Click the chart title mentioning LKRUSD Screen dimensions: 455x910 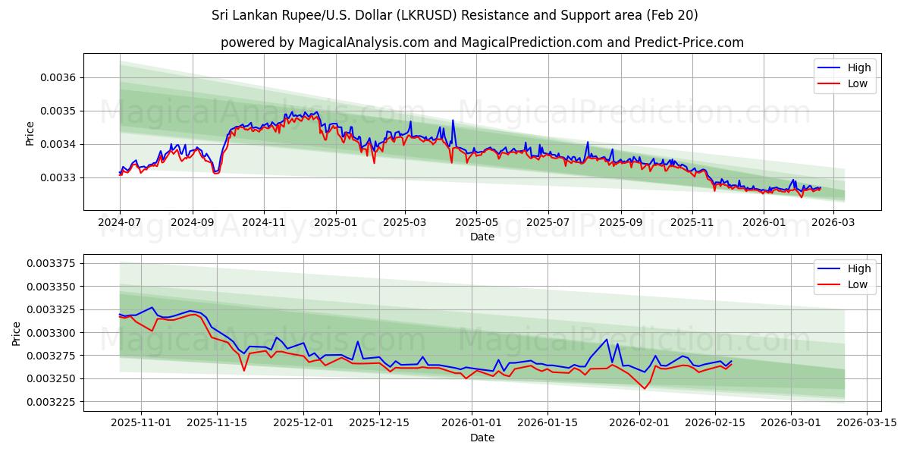(x=455, y=15)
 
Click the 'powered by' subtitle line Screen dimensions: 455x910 (x=482, y=42)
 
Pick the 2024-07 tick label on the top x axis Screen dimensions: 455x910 (x=120, y=222)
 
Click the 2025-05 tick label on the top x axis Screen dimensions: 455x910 (x=476, y=222)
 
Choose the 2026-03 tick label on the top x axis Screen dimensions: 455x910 (x=833, y=222)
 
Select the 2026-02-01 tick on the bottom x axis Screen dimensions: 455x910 (x=642, y=423)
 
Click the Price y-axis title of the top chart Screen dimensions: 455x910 (x=30, y=133)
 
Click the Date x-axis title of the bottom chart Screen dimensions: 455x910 (x=482, y=438)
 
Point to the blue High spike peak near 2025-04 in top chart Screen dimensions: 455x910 (x=453, y=120)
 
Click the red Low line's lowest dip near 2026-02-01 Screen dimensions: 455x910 (x=645, y=388)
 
